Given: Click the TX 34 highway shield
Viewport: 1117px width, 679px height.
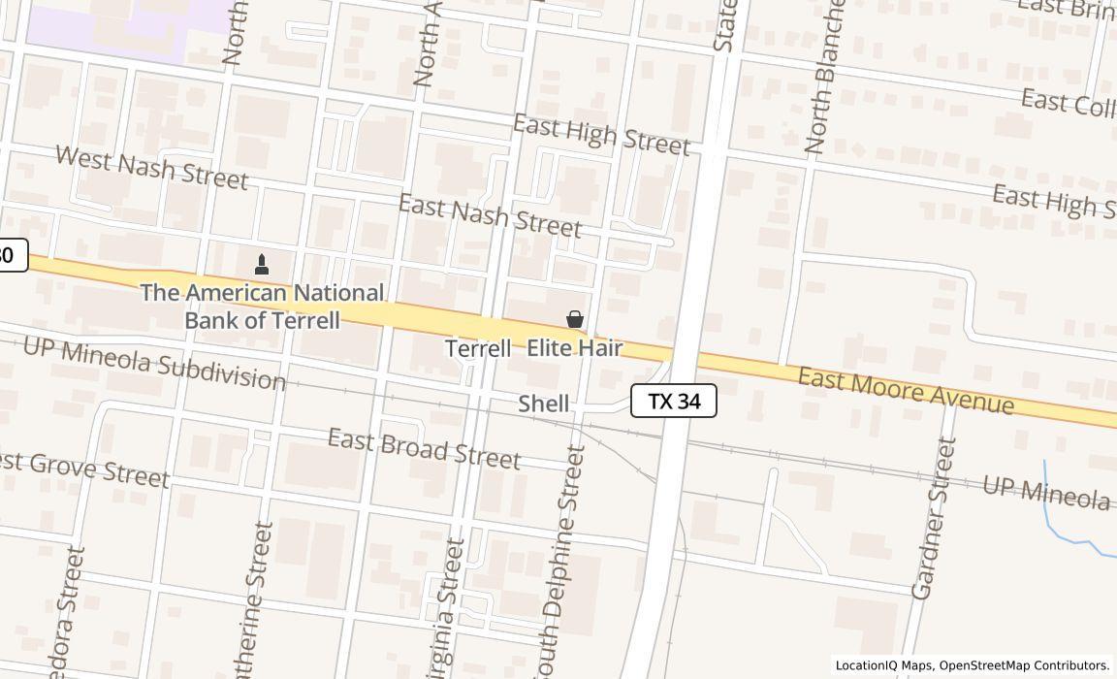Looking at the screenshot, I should pyautogui.click(x=674, y=401).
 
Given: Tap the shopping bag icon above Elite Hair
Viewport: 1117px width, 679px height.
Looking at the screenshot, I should pyautogui.click(x=575, y=318).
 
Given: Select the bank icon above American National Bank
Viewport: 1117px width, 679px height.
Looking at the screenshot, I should pyautogui.click(x=261, y=264).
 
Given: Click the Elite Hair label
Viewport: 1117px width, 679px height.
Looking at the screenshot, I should pyautogui.click(x=574, y=347).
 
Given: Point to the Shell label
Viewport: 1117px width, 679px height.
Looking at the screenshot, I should pyautogui.click(x=543, y=404).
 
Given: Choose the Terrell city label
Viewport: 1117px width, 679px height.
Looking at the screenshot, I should pyautogui.click(x=478, y=348).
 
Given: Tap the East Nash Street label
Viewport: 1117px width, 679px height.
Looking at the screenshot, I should pyautogui.click(x=490, y=215).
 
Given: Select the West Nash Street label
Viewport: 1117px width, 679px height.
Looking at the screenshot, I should pyautogui.click(x=151, y=167).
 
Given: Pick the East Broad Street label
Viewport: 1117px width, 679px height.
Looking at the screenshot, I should pyautogui.click(x=424, y=448).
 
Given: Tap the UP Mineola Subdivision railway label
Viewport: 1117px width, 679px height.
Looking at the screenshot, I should pyautogui.click(x=154, y=363).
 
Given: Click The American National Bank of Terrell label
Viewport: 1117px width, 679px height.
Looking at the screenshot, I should pyautogui.click(x=262, y=306).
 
